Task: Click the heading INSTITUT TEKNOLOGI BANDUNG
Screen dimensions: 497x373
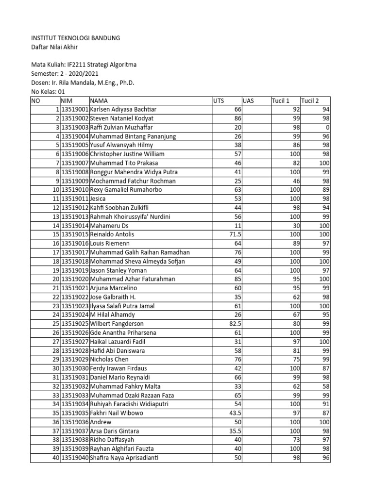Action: (x=75, y=38)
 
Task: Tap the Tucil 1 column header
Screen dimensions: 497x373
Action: (x=281, y=101)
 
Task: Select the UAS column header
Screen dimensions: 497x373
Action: (x=249, y=101)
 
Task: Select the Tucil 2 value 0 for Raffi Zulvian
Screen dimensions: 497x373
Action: (x=328, y=128)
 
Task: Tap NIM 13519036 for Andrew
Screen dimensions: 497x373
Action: (x=74, y=422)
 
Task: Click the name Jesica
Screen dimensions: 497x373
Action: (x=98, y=199)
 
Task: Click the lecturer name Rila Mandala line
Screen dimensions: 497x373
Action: (x=83, y=83)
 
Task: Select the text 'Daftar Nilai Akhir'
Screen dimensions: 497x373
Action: (x=54, y=47)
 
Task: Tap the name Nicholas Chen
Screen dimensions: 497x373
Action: (x=110, y=360)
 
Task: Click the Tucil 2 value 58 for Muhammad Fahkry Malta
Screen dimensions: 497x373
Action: (x=326, y=386)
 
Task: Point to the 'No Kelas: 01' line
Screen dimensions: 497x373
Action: (x=48, y=92)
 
